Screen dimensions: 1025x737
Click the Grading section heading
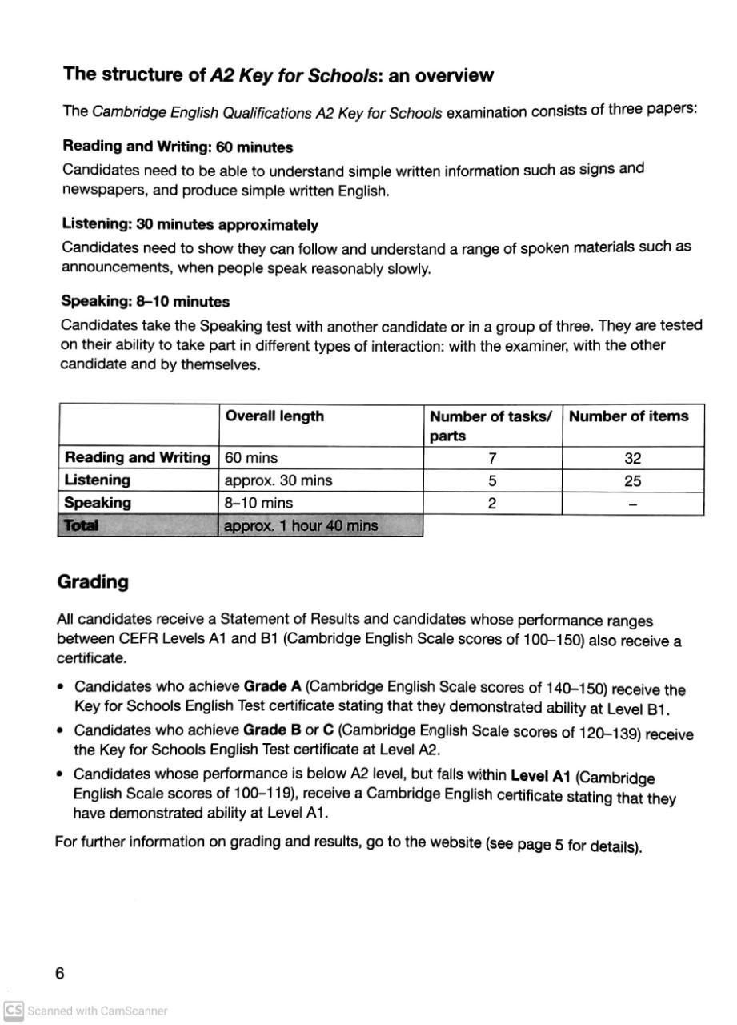(x=93, y=582)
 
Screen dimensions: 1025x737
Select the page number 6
(x=60, y=974)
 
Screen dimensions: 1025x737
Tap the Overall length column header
(x=274, y=416)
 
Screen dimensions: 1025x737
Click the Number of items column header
(x=628, y=416)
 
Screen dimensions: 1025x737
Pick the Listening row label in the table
(x=97, y=480)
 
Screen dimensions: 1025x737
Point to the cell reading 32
(x=632, y=459)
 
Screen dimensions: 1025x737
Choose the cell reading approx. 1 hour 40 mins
(x=301, y=526)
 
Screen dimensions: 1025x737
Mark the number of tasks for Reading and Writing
(x=492, y=459)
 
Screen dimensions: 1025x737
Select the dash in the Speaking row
(x=632, y=504)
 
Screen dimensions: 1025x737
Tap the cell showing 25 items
(x=632, y=481)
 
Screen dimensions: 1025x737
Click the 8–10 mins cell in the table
(x=259, y=504)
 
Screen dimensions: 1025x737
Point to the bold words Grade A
(x=272, y=686)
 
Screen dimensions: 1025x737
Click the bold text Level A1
(x=540, y=775)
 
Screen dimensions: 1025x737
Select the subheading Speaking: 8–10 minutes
(x=146, y=302)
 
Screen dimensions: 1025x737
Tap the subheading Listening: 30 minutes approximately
(x=190, y=225)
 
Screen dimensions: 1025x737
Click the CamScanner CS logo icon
(x=14, y=1011)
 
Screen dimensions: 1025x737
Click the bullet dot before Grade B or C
(x=62, y=730)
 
